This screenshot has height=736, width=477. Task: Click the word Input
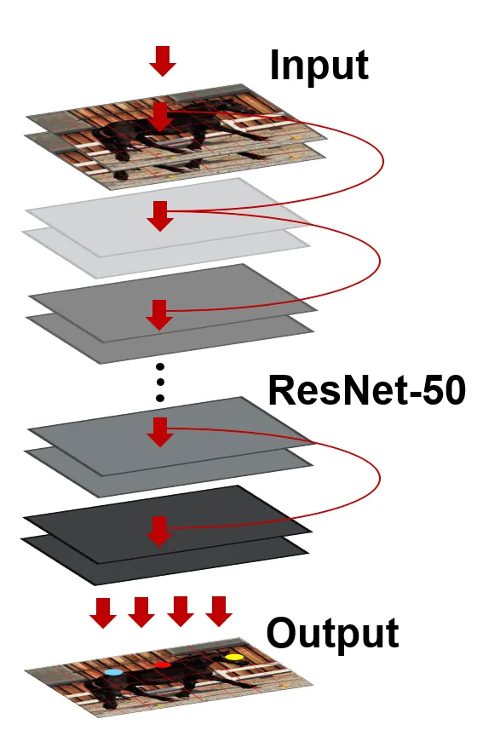coord(319,66)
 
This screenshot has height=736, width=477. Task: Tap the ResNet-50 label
coord(366,390)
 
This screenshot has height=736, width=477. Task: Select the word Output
coord(332,634)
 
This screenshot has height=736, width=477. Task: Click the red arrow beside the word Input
coord(163,61)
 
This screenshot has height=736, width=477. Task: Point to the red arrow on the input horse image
coord(159,117)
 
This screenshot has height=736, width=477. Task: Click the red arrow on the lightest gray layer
coord(160,216)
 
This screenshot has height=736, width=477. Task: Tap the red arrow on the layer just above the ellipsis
coord(159,314)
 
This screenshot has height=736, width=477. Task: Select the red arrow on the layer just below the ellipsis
coord(160,432)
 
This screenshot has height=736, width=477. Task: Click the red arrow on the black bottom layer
coord(159,531)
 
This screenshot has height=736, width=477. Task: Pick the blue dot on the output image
coord(113,672)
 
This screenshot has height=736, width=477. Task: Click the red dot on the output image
coord(162,664)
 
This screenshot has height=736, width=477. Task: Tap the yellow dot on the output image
coord(233,657)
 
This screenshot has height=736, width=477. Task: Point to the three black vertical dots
coord(159,382)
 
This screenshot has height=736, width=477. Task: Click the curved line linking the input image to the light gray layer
coord(383,162)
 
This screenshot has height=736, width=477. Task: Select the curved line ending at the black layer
coord(379,478)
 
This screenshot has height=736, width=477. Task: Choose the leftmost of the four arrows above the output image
coord(103,612)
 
